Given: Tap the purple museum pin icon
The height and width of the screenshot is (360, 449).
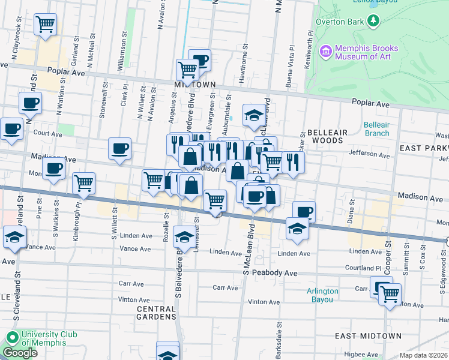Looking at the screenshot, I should click(326, 51).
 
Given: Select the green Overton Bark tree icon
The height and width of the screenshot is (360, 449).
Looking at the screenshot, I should click(374, 21).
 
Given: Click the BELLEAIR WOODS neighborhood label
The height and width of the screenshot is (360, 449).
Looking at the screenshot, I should click(325, 136).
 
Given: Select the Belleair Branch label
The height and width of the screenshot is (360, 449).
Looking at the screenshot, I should click(376, 129).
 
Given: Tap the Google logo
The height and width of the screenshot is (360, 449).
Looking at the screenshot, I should click(20, 353).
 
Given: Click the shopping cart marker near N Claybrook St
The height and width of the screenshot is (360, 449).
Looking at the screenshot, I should click(46, 25).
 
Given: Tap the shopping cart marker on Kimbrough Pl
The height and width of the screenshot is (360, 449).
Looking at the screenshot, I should click(84, 183).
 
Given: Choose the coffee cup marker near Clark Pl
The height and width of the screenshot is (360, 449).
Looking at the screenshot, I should click(119, 148).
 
